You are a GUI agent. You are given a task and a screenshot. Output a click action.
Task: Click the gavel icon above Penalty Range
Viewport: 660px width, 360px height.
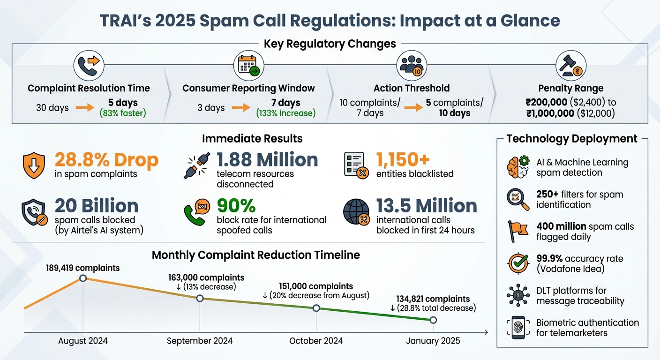click(x=571, y=66)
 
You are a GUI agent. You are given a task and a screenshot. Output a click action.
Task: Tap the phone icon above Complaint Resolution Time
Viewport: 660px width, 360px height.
click(x=89, y=66)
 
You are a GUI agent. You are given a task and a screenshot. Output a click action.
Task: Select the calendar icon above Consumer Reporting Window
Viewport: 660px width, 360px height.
click(x=248, y=66)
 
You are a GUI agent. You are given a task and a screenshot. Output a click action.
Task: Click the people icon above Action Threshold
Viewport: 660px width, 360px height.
click(x=412, y=66)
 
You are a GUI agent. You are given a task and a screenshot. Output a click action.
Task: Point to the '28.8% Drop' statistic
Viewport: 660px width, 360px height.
click(x=106, y=160)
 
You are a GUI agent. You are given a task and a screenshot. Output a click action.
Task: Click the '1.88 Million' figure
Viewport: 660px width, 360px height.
click(x=267, y=160)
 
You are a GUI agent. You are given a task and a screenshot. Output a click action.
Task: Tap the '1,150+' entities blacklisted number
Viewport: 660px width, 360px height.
click(x=403, y=160)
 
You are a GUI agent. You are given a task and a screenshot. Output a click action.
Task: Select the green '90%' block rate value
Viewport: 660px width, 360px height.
click(x=236, y=206)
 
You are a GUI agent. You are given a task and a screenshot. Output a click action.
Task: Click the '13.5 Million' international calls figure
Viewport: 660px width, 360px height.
click(x=427, y=206)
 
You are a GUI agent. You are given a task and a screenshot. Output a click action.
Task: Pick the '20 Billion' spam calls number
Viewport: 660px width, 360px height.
click(x=97, y=206)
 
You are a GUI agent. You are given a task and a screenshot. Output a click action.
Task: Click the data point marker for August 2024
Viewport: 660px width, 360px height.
click(x=83, y=278)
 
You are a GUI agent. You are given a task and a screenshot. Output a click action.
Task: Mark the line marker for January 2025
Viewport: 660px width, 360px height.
click(x=433, y=320)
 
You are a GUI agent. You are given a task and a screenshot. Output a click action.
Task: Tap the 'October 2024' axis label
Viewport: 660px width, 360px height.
click(x=316, y=341)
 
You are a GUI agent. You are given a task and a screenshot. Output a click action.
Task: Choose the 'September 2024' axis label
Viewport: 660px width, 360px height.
click(x=200, y=341)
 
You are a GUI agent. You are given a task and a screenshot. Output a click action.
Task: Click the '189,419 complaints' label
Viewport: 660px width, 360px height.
click(x=83, y=268)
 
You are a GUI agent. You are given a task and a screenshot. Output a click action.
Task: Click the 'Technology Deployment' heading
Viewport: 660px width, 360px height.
click(x=572, y=139)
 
